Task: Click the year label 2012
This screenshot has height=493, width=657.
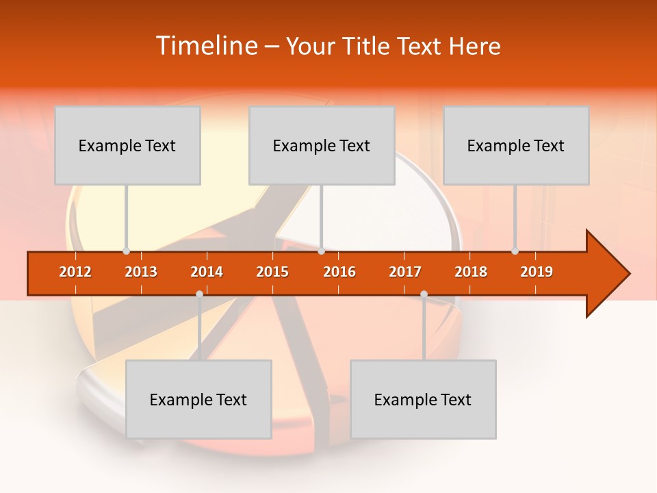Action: (x=75, y=272)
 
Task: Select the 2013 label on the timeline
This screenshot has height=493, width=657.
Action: (x=141, y=272)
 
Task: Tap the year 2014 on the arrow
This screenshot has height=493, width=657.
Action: (x=207, y=272)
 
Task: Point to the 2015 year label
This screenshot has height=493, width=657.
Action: (x=272, y=272)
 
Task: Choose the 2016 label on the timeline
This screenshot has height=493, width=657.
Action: (x=339, y=272)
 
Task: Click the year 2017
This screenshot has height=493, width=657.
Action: (x=405, y=272)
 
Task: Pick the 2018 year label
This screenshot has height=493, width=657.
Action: (x=471, y=272)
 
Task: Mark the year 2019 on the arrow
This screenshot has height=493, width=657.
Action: (x=537, y=272)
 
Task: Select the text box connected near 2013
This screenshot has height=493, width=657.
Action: (x=127, y=145)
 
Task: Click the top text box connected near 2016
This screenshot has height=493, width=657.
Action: (x=322, y=145)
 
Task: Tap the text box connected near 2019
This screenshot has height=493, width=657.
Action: (x=516, y=145)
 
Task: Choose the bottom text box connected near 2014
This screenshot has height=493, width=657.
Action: (x=198, y=399)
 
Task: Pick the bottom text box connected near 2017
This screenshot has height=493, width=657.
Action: (x=423, y=399)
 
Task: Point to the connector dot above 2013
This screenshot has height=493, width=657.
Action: (x=126, y=251)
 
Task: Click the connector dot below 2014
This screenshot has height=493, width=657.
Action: (x=199, y=294)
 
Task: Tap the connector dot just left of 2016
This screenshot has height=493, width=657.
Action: (x=321, y=251)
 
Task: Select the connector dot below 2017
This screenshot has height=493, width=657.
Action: (x=424, y=294)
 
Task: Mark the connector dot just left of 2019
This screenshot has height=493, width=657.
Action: (x=515, y=251)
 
